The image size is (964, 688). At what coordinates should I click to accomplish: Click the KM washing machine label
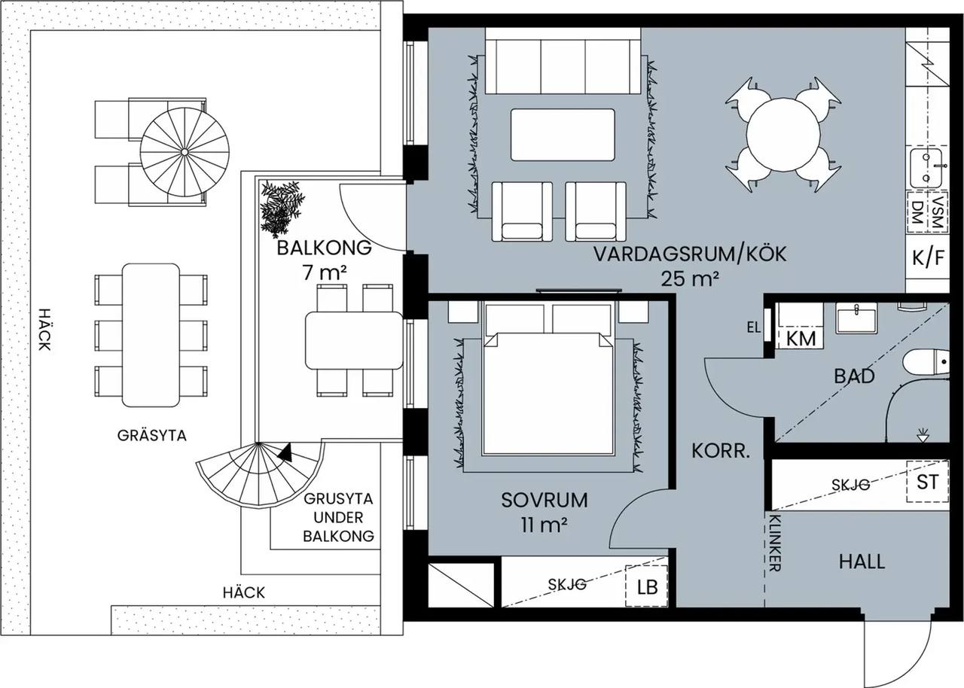pyautogui.click(x=801, y=339)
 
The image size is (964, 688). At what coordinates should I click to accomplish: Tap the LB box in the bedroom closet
pyautogui.click(x=646, y=586)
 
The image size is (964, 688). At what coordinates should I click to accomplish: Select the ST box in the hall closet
pyautogui.click(x=927, y=482)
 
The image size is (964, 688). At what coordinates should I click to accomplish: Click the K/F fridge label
pyautogui.click(x=929, y=258)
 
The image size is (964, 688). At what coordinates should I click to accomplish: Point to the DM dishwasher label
pyautogui.click(x=917, y=212)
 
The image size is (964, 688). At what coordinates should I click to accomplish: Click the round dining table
pyautogui.click(x=783, y=135)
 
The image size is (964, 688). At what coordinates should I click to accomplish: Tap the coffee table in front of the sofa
pyautogui.click(x=563, y=135)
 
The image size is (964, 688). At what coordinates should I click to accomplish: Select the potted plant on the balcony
pyautogui.click(x=282, y=208)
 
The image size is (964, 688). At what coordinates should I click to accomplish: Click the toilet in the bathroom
pyautogui.click(x=926, y=363)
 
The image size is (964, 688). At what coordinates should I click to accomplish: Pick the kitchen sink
pyautogui.click(x=926, y=168)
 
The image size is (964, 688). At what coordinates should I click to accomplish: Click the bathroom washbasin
pyautogui.click(x=856, y=318)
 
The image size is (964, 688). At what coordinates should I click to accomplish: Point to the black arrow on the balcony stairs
pyautogui.click(x=285, y=452)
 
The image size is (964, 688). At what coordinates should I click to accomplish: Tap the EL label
pyautogui.click(x=754, y=327)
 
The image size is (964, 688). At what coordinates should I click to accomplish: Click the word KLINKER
pyautogui.click(x=775, y=543)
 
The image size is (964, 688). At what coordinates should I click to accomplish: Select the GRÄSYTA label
pyautogui.click(x=152, y=436)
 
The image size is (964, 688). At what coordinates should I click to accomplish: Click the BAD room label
pyautogui.click(x=854, y=376)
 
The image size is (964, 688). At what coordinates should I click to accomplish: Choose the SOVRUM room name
pyautogui.click(x=545, y=500)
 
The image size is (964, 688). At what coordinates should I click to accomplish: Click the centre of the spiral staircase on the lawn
pyautogui.click(x=185, y=152)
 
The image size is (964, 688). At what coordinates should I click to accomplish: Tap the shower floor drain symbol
pyautogui.click(x=923, y=435)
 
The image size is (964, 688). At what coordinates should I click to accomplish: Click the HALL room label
pyautogui.click(x=862, y=562)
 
